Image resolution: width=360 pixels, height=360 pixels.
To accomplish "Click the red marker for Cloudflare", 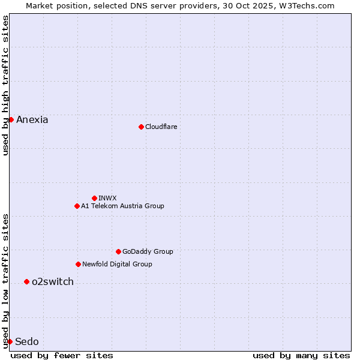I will click(x=141, y=127).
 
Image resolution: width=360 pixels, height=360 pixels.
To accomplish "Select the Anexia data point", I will click(x=11, y=119).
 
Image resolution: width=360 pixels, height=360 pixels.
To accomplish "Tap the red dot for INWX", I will click(x=94, y=198).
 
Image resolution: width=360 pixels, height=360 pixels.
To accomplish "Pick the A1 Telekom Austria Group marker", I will click(x=77, y=206).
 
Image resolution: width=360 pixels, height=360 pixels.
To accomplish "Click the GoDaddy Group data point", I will click(x=118, y=251).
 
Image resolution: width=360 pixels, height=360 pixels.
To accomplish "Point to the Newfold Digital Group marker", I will click(x=78, y=264).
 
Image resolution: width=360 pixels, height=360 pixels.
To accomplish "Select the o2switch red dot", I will click(x=26, y=281).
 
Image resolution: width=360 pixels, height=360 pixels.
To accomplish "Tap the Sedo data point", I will click(x=10, y=341).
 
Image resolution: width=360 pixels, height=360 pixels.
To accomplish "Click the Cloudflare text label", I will click(x=161, y=127).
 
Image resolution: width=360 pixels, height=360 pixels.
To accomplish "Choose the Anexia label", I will click(x=32, y=119).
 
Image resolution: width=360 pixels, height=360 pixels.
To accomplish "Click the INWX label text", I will click(x=107, y=198).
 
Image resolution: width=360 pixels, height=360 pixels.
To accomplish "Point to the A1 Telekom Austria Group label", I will click(x=122, y=206).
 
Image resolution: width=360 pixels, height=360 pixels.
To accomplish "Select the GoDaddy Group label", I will click(x=148, y=251).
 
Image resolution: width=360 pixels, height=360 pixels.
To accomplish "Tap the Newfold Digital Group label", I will click(x=117, y=264).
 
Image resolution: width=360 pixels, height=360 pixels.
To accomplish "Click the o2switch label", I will click(x=53, y=281).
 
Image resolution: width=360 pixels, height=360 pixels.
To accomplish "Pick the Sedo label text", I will click(x=27, y=341).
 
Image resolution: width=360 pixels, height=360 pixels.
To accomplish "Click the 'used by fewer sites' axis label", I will click(x=62, y=355).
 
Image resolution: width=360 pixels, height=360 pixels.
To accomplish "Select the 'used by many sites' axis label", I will click(x=301, y=355).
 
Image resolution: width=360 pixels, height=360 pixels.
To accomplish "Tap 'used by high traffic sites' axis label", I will click(x=5, y=86).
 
